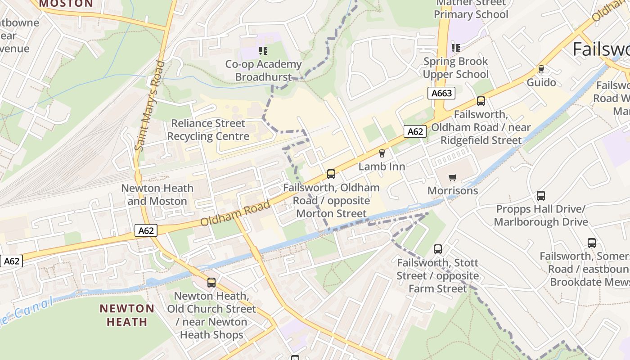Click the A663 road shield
(x=441, y=93)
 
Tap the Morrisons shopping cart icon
(x=452, y=177)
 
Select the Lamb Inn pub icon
(x=382, y=153)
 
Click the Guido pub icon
(x=541, y=69)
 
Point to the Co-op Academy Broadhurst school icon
(x=263, y=51)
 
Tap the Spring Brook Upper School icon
(x=455, y=48)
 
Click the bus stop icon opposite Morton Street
(x=331, y=174)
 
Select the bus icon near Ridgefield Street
(x=481, y=101)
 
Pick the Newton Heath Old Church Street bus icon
(x=211, y=283)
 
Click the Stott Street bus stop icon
(x=437, y=249)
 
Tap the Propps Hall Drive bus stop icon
(x=541, y=196)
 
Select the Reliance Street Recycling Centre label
(x=208, y=130)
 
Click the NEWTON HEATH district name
(x=127, y=315)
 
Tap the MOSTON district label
(x=66, y=4)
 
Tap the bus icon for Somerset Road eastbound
(x=592, y=243)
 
